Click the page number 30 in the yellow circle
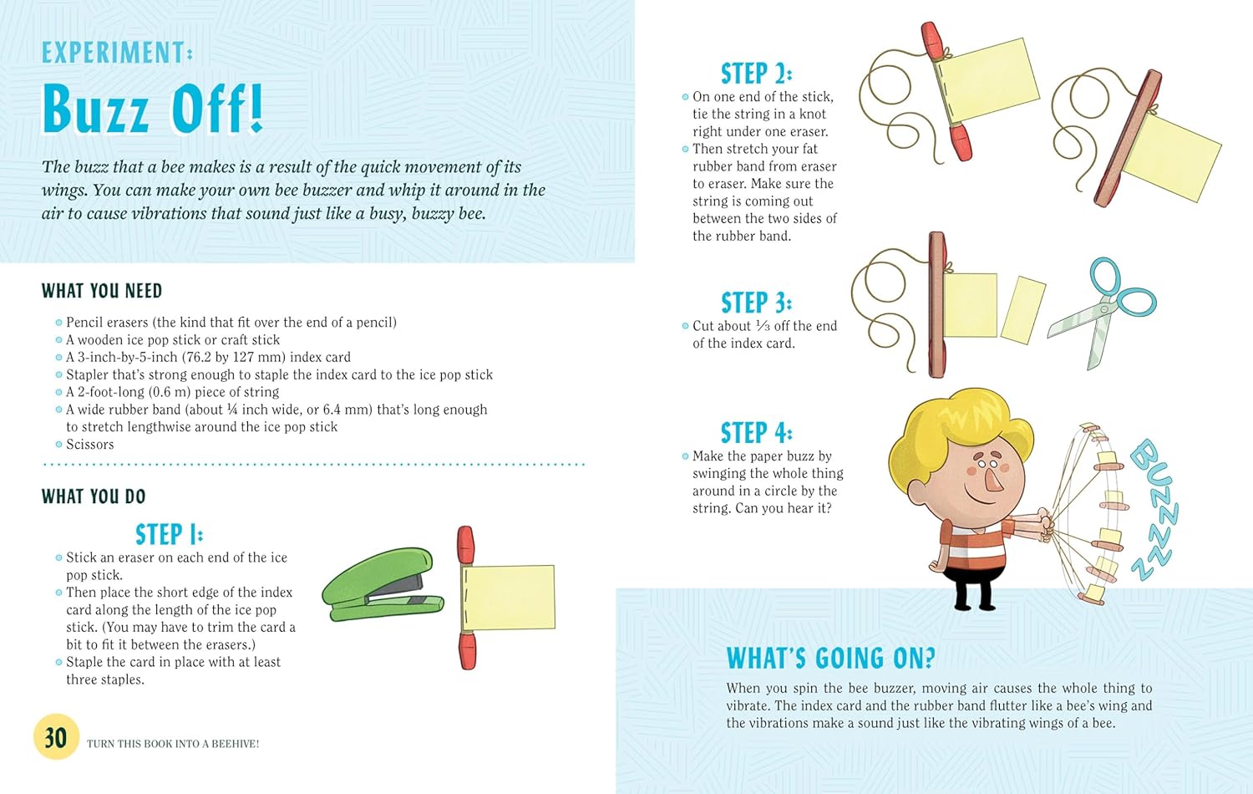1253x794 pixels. [56, 737]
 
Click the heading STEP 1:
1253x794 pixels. [169, 534]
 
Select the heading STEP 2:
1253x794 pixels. [756, 74]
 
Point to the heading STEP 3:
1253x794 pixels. [756, 303]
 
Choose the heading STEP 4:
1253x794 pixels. [756, 433]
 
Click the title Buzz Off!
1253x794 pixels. [153, 109]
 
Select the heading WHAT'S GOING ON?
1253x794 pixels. [830, 658]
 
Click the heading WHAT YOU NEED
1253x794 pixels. [102, 291]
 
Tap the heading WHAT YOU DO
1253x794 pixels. [94, 496]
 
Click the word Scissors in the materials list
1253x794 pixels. [90, 445]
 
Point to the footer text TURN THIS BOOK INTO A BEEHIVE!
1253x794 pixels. [173, 744]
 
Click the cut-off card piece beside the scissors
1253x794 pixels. [1023, 310]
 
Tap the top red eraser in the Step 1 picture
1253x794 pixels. [465, 545]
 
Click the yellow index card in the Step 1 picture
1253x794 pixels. [508, 597]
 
